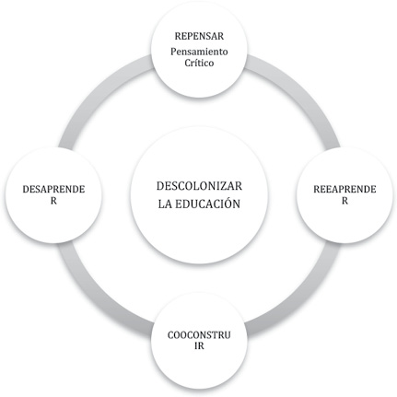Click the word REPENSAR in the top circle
tap(199, 36)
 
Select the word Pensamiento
tap(199, 52)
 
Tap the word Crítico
tap(199, 63)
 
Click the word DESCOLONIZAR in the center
tap(199, 186)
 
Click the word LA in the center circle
tap(165, 204)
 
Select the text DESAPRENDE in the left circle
tap(53, 189)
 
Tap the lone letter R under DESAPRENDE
tap(53, 201)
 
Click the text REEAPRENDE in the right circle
tap(344, 189)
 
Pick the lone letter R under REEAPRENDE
tap(344, 201)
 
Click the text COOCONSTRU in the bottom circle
tap(199, 334)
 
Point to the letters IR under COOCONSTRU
tap(199, 346)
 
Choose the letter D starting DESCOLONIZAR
tap(160, 186)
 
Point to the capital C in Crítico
tap(188, 63)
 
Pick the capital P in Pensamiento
tap(174, 52)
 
